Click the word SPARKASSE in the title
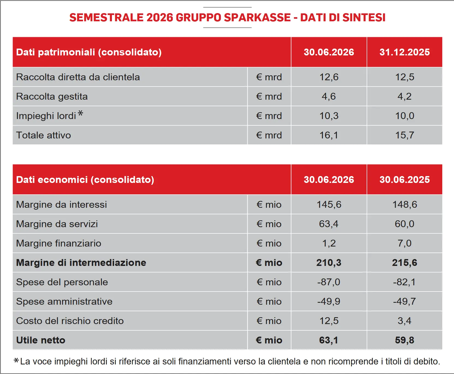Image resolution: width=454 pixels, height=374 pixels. [257, 17]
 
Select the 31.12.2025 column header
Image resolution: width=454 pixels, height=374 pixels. [405, 52]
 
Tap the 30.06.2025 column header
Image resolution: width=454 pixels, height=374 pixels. [405, 180]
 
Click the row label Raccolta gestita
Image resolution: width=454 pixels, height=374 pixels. [52, 97]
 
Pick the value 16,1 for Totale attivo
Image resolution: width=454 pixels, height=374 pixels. [329, 135]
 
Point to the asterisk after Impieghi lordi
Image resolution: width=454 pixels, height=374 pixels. [80, 113]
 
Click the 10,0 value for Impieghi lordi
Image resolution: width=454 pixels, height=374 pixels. [405, 116]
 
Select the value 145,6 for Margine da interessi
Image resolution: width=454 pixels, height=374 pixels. [329, 205]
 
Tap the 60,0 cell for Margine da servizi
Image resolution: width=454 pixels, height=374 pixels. [405, 224]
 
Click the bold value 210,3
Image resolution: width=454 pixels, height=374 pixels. [329, 263]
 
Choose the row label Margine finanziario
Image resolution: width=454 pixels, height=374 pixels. [59, 243]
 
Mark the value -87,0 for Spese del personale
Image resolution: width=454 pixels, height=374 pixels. [329, 282]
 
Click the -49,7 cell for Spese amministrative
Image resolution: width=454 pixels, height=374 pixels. [405, 301]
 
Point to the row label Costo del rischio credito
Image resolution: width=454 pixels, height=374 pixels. [70, 321]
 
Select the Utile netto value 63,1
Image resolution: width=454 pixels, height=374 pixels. [329, 340]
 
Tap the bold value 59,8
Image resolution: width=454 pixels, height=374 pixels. [405, 340]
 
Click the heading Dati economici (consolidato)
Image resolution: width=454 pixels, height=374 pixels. [85, 180]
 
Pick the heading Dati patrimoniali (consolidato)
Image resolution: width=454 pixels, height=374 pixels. [89, 52]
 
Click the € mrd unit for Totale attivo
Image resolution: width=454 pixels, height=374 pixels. [269, 135]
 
